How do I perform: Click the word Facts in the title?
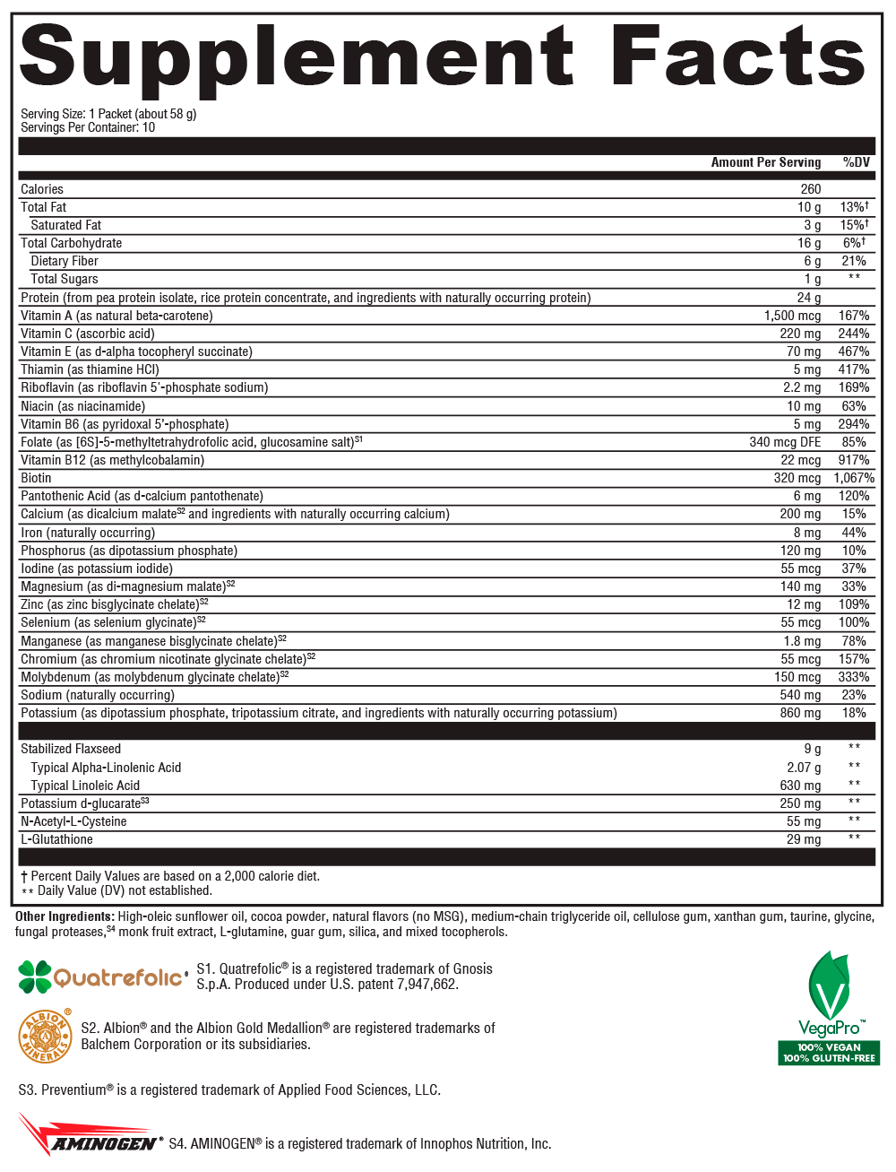click(738, 57)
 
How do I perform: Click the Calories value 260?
click(810, 189)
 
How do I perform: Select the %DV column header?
click(856, 162)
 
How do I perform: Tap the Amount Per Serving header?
click(765, 162)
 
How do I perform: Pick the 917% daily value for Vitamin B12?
click(854, 460)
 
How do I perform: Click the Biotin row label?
click(37, 478)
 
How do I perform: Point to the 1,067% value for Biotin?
click(853, 478)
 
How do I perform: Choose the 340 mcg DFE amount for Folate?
click(785, 442)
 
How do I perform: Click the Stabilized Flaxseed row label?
click(71, 749)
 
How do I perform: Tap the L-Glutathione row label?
click(56, 839)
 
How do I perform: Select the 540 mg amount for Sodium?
click(800, 695)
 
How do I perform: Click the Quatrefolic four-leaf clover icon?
click(35, 977)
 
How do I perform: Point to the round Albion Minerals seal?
click(45, 1036)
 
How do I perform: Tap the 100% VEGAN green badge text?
click(829, 1047)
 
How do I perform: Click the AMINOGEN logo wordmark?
click(103, 1143)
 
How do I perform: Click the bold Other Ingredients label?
click(65, 916)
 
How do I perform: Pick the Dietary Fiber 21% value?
click(854, 261)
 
